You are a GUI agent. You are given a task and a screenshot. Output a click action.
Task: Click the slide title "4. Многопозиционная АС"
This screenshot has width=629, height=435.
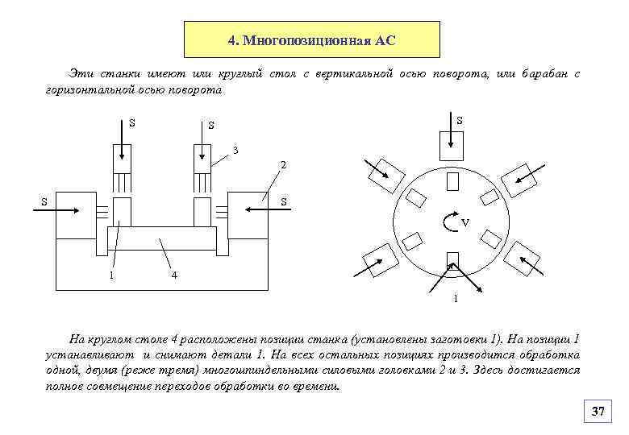311,39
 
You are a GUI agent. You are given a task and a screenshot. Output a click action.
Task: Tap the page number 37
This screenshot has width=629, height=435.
598,412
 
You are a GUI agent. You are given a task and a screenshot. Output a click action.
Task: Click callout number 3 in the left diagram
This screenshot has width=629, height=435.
235,150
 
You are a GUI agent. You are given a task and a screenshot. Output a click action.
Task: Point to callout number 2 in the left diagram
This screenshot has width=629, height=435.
283,165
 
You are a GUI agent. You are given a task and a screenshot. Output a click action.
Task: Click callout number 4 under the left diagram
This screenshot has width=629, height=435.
174,276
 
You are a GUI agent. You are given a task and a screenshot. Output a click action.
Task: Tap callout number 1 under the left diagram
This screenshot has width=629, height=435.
111,276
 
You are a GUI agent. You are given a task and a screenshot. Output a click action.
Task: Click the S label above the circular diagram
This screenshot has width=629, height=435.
459,121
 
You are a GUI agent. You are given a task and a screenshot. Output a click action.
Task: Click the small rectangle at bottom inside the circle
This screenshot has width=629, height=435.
452,259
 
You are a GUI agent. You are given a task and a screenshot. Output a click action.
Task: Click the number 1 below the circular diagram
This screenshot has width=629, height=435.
456,300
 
